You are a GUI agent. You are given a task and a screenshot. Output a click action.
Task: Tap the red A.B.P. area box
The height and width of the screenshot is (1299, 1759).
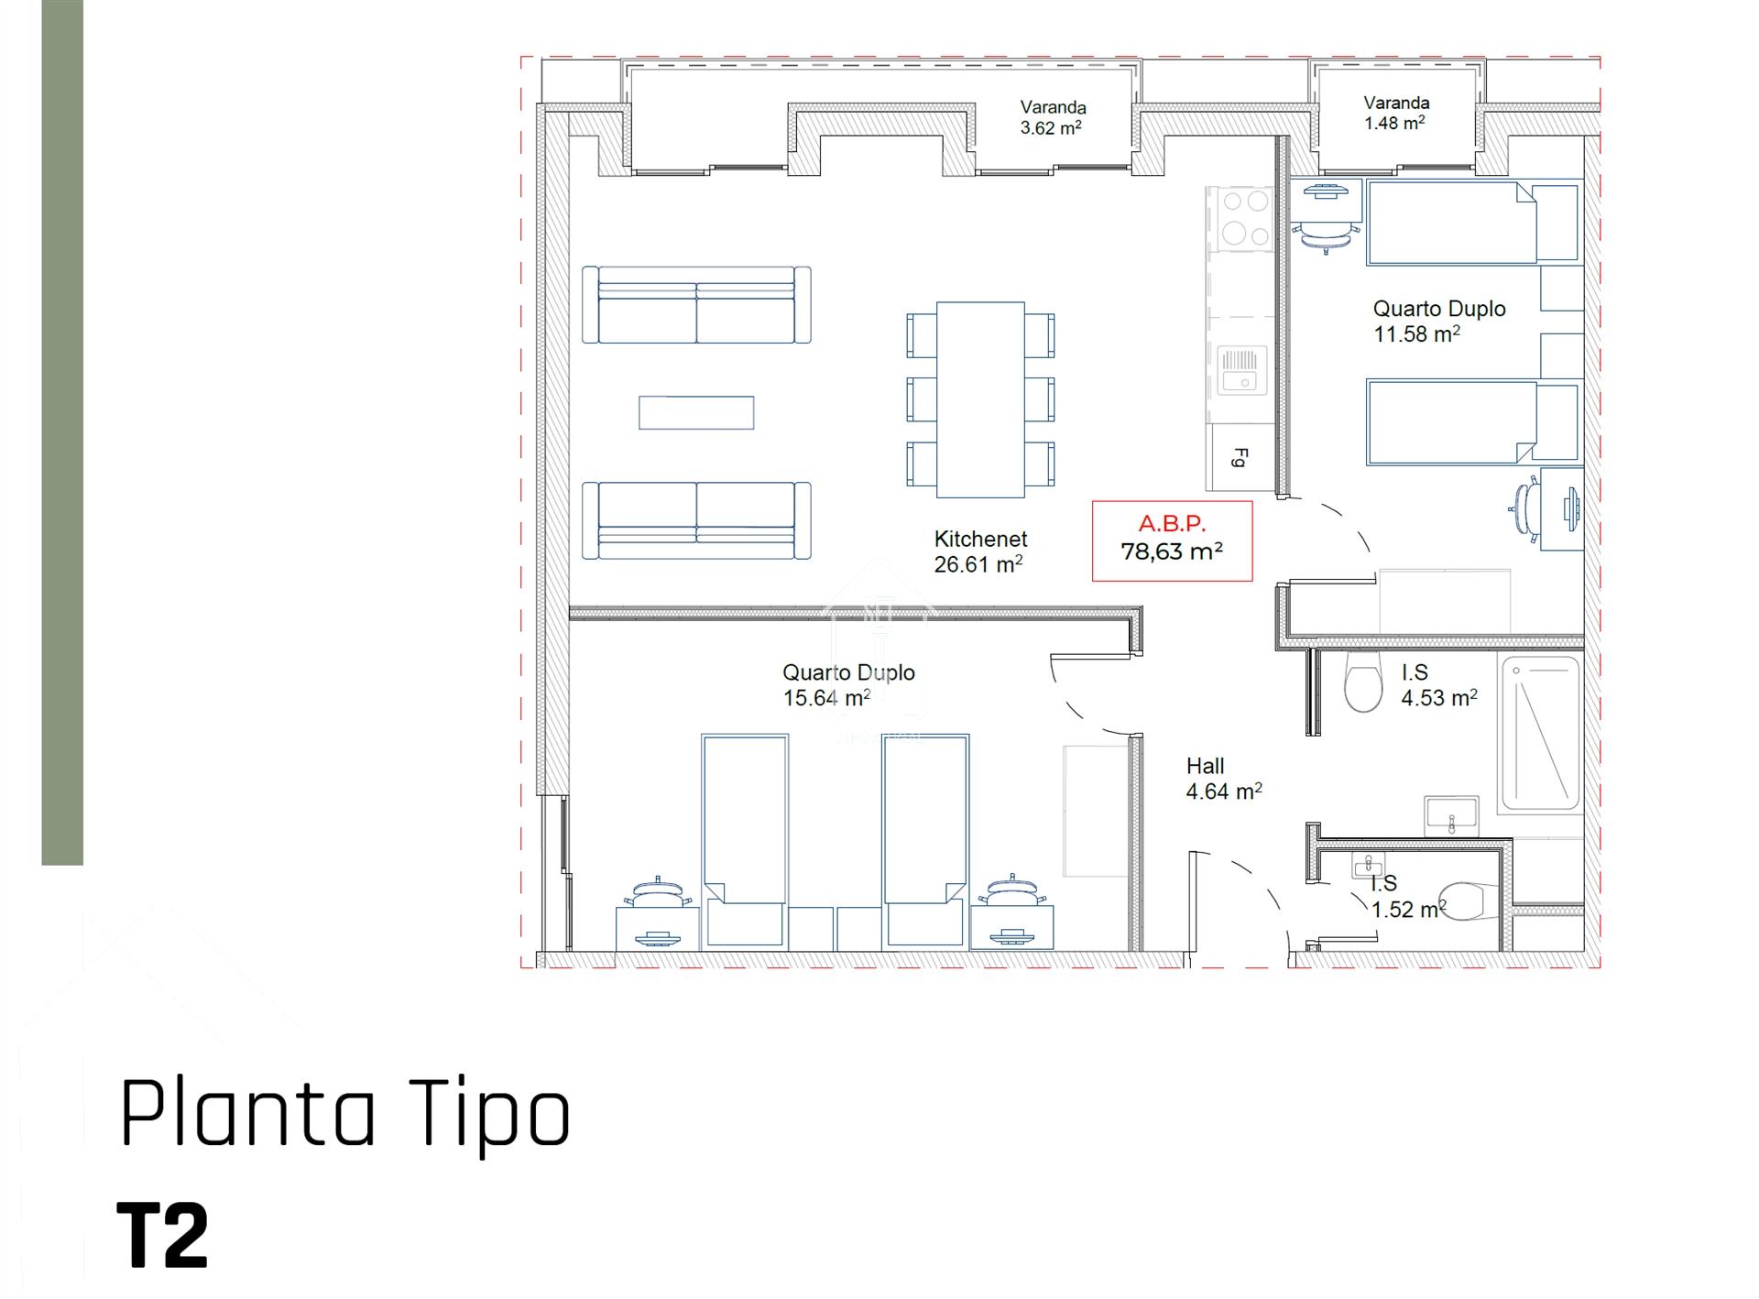[1172, 540]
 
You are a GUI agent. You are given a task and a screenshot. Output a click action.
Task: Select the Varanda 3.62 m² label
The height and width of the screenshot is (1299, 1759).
[1053, 117]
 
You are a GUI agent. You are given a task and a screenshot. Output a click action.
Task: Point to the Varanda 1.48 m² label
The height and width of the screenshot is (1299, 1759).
[1395, 113]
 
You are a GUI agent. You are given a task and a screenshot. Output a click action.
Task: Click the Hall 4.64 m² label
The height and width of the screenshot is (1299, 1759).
[1224, 779]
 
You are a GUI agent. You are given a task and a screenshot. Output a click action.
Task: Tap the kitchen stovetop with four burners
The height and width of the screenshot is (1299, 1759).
[1240, 218]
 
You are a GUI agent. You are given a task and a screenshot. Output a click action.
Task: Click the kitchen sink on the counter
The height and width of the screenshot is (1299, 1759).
[1242, 370]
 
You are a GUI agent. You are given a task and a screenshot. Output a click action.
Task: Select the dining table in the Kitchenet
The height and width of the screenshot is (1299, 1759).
[980, 399]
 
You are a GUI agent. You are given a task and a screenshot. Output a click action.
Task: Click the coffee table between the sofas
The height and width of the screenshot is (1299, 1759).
[696, 412]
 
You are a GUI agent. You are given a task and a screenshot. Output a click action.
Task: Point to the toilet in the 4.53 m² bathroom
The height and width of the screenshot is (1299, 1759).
[1362, 682]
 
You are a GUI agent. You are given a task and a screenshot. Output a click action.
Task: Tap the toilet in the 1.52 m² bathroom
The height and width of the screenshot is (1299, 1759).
[1465, 901]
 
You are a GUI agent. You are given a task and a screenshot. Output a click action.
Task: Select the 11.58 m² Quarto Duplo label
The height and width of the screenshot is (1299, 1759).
[1438, 322]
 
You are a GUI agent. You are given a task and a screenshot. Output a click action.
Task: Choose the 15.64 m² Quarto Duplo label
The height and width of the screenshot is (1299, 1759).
[848, 685]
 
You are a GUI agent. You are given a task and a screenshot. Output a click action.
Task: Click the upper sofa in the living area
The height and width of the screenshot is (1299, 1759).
[696, 305]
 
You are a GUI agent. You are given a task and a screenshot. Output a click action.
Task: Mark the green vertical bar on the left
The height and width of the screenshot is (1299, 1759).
[62, 432]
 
